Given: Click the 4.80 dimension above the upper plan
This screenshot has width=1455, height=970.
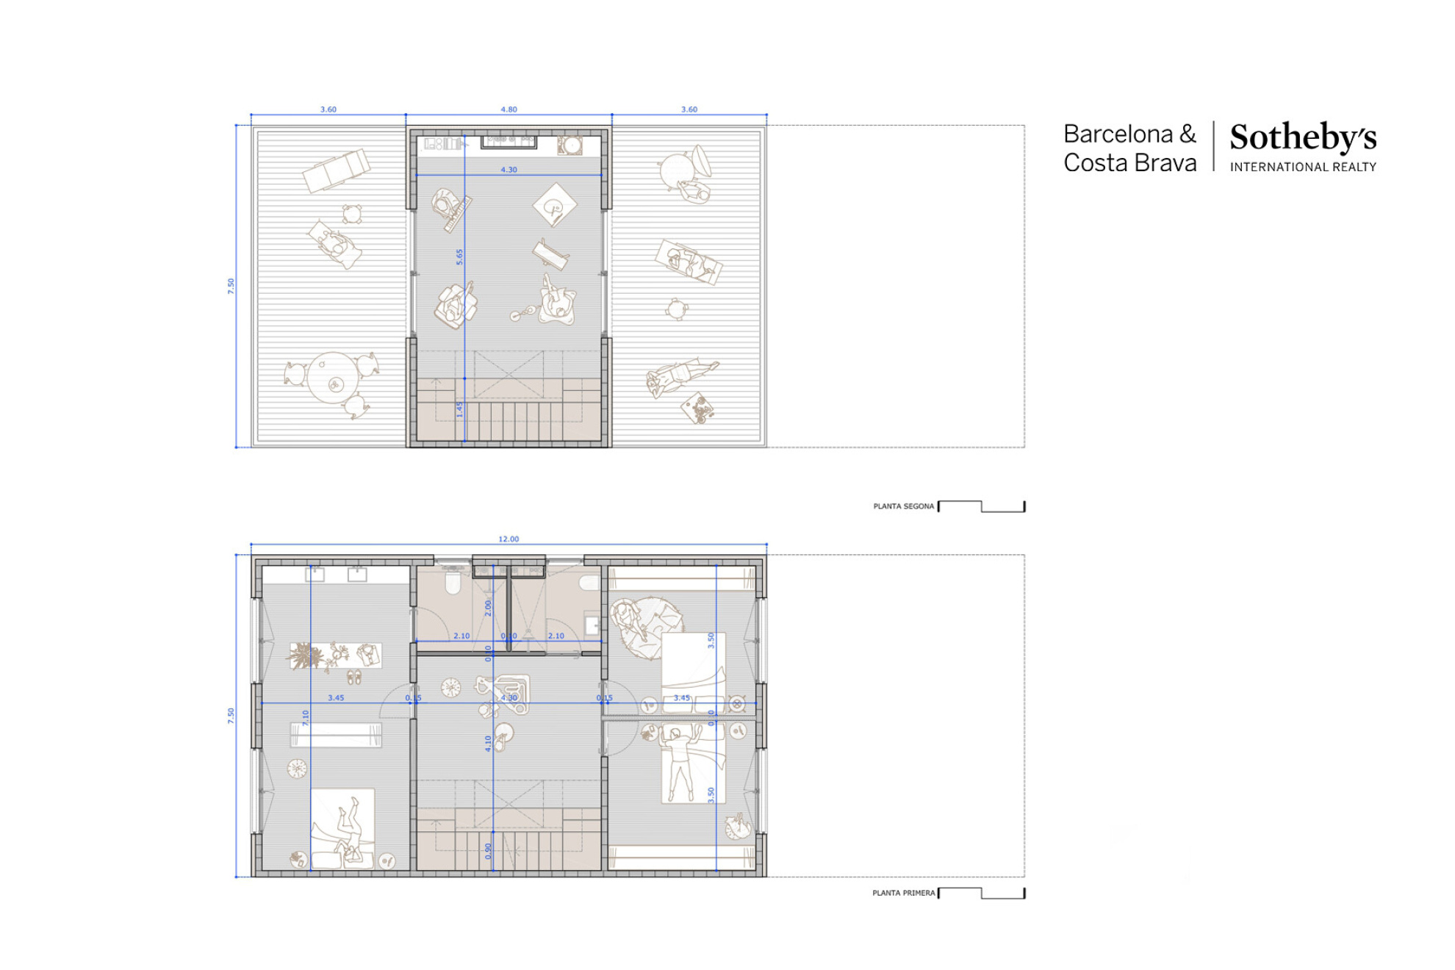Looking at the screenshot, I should click(x=509, y=109).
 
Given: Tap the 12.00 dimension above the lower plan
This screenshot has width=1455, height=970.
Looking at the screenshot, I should click(x=509, y=539).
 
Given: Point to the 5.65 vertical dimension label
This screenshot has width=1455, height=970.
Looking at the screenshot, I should click(x=459, y=256).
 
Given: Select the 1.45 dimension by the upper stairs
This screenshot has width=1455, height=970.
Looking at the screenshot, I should click(x=459, y=409).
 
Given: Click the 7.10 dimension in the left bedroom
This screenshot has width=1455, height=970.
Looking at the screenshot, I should click(x=306, y=717).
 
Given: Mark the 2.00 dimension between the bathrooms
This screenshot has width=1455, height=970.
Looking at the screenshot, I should click(x=487, y=608).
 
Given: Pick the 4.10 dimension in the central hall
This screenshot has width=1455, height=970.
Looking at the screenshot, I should click(x=487, y=743).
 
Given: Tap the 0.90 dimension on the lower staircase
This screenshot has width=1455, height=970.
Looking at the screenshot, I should click(x=489, y=851).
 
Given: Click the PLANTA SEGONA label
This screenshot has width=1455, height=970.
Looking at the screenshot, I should click(x=903, y=506).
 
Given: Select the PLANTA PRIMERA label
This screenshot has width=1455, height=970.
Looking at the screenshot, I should click(x=903, y=893).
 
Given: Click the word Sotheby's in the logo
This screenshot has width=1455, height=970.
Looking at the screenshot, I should click(x=1303, y=137).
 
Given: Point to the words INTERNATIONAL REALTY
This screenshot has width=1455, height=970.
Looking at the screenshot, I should click(x=1303, y=168).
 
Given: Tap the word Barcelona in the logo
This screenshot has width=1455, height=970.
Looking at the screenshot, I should click(x=1118, y=134).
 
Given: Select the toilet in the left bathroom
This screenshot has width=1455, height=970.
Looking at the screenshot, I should click(x=453, y=583).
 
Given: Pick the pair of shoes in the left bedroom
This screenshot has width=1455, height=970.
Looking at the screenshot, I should click(x=354, y=677).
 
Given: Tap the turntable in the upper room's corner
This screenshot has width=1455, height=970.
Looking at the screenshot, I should click(x=570, y=145).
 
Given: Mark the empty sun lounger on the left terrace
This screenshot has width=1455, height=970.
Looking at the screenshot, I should click(x=337, y=170).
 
